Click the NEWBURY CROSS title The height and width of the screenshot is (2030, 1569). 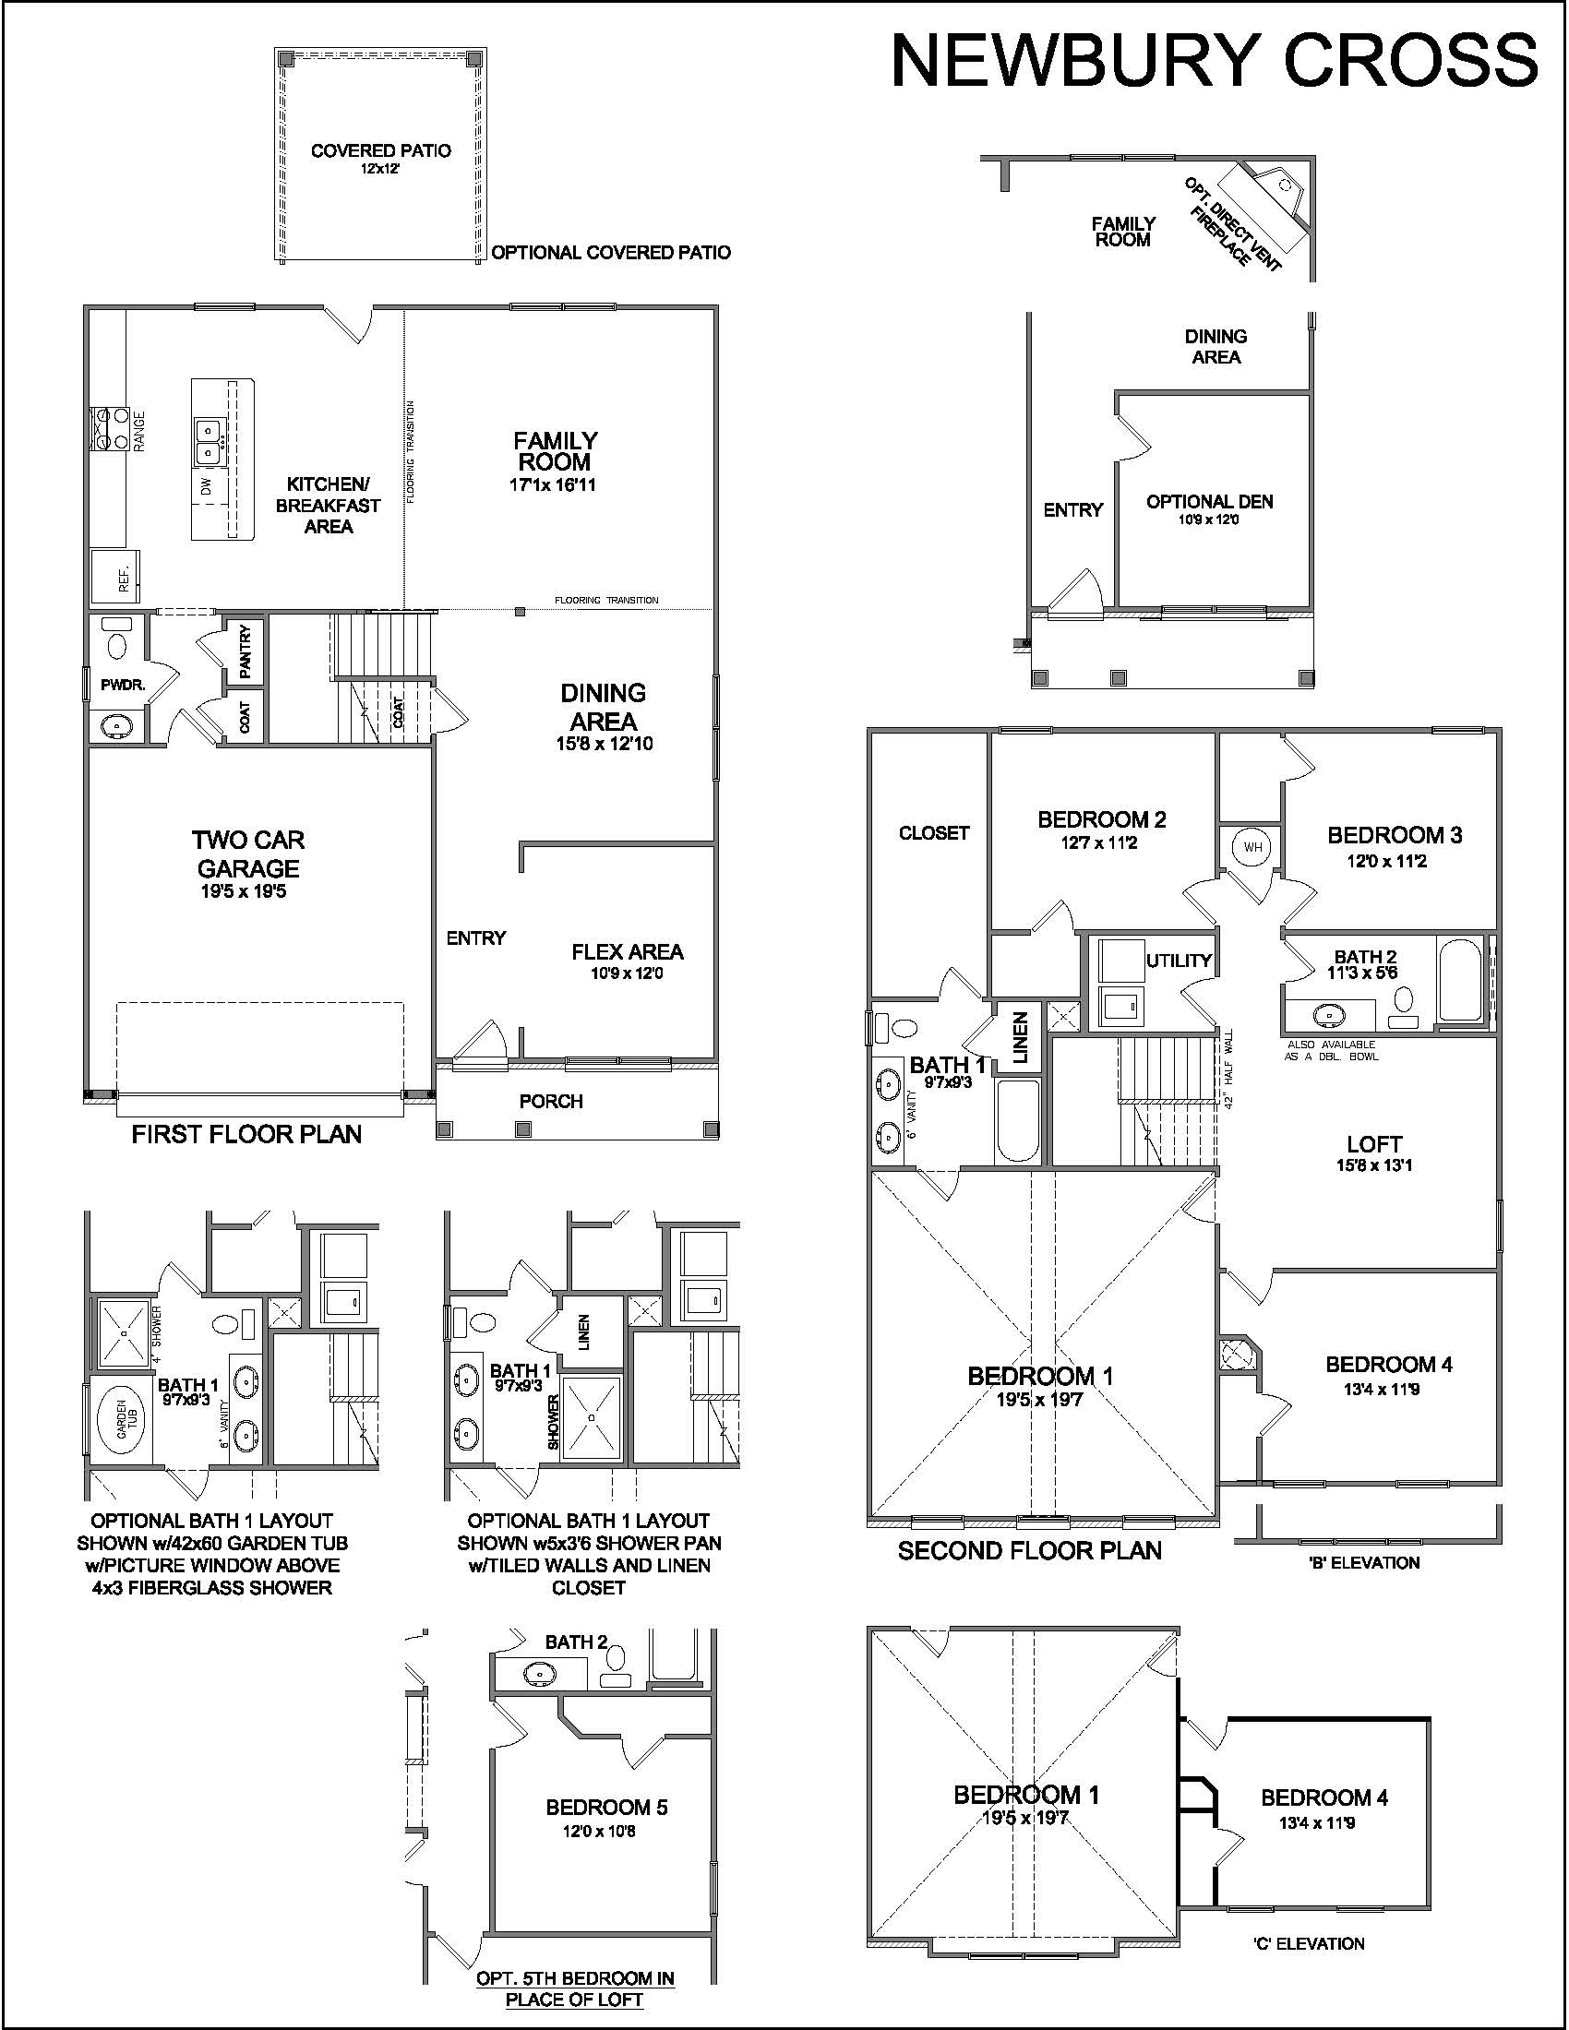click(x=1215, y=61)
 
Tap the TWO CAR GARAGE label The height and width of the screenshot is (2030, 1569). click(x=248, y=854)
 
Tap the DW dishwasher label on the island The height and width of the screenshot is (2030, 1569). click(x=207, y=484)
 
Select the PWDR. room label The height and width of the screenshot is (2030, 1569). click(x=123, y=685)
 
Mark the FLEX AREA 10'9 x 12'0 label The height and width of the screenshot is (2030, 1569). click(x=628, y=961)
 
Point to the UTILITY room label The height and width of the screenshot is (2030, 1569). click(x=1179, y=961)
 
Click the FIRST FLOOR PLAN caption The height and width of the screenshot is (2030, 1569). click(x=246, y=1134)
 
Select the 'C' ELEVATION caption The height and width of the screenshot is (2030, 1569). click(x=1309, y=1943)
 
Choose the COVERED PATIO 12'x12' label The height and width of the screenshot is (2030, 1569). click(x=381, y=158)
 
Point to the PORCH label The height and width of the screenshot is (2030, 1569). click(x=551, y=1102)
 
